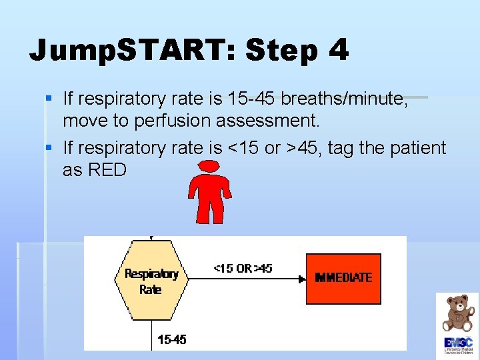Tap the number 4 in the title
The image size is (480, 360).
tap(337, 51)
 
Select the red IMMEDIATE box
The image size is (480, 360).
tap(343, 277)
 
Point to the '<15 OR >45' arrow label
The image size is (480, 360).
tap(243, 269)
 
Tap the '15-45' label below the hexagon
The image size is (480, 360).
tap(172, 339)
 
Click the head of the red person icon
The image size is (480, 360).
tap(210, 167)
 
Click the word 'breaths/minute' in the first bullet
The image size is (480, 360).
tap(344, 99)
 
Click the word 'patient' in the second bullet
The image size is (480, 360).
tap(419, 148)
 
